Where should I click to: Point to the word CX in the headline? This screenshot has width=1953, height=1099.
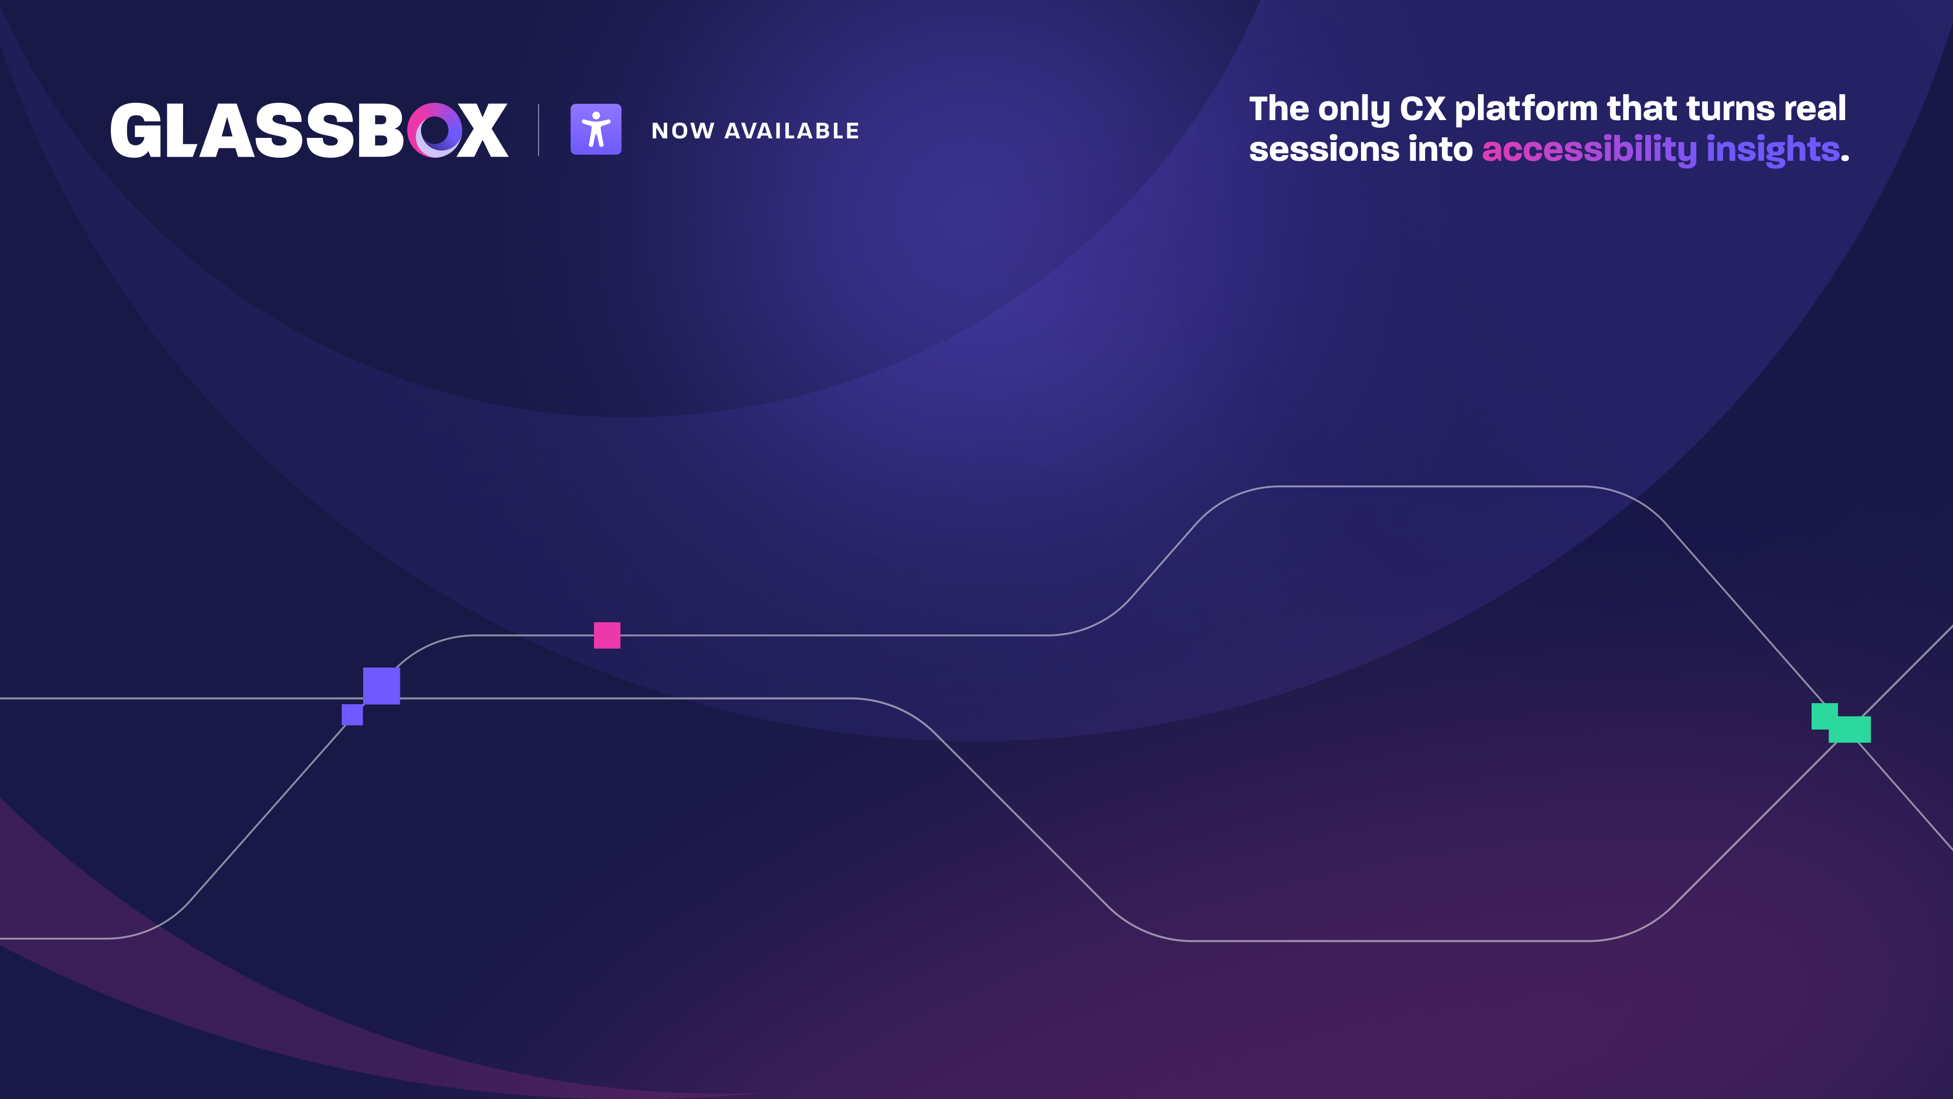1423,108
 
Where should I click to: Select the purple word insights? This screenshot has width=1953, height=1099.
1772,150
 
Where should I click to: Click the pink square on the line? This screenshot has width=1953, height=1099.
607,635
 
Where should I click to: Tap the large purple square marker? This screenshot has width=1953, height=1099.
381,686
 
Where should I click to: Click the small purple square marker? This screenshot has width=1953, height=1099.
352,714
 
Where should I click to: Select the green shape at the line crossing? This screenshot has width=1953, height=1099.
1841,723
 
